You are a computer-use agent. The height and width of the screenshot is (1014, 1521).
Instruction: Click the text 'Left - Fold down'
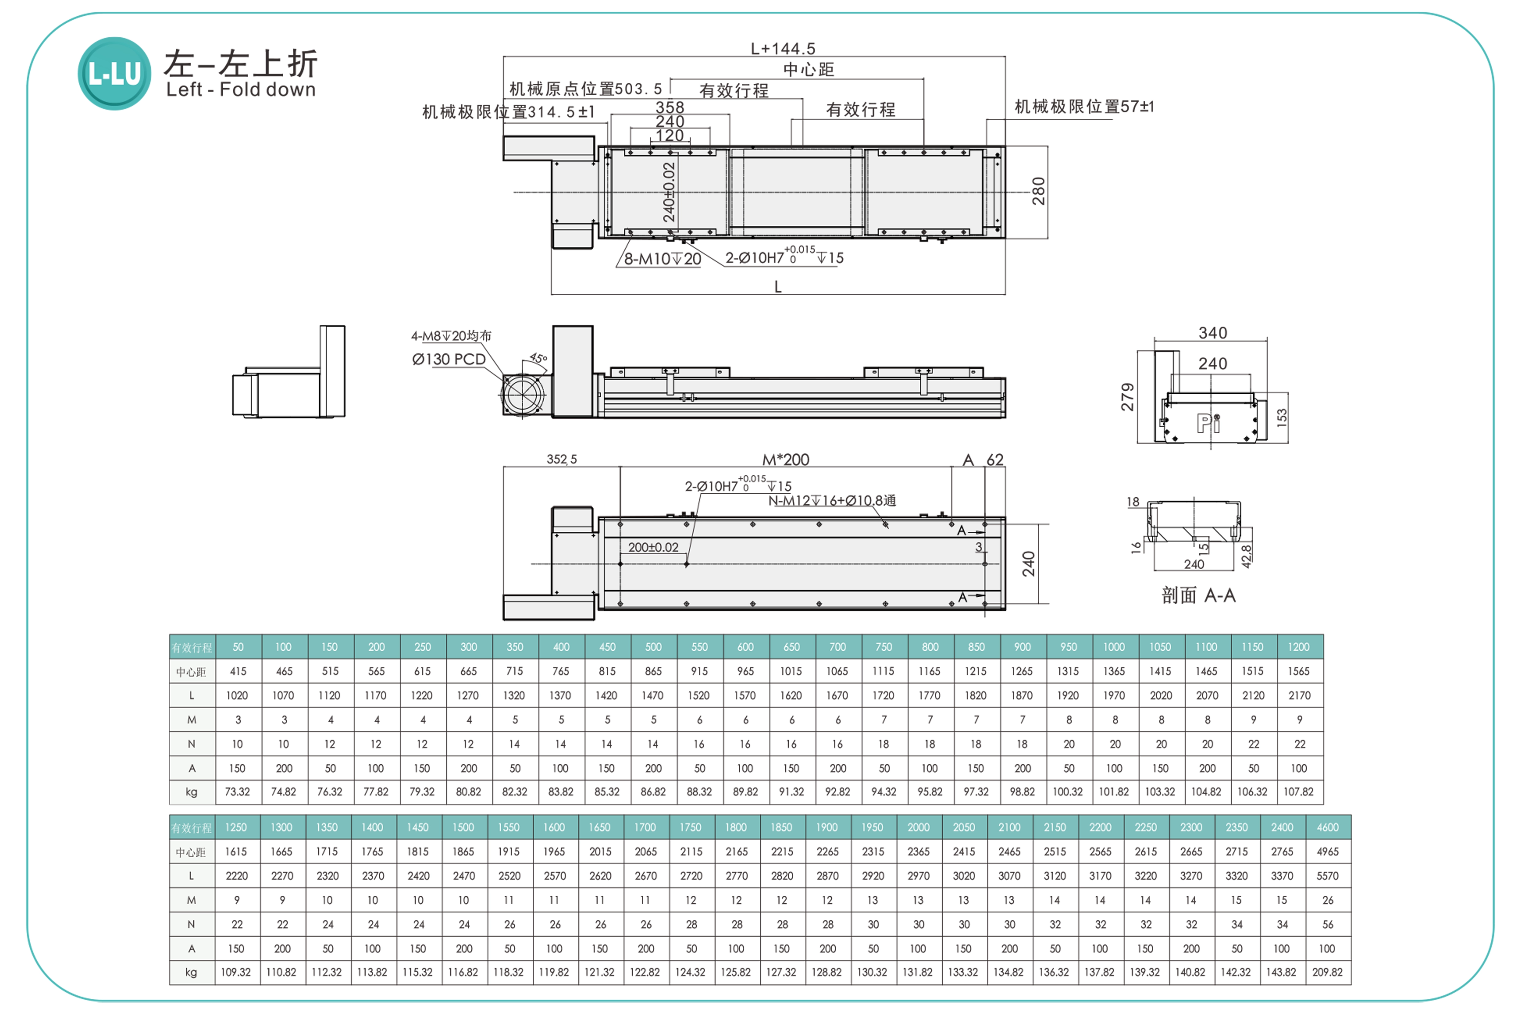point(240,90)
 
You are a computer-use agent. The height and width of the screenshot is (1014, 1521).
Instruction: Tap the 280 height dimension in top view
point(1038,191)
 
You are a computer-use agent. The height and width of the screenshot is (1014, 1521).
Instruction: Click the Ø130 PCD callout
point(449,360)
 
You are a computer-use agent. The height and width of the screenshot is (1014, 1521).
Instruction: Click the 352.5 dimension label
point(561,459)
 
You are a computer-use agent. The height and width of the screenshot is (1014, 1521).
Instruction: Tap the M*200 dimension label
point(786,460)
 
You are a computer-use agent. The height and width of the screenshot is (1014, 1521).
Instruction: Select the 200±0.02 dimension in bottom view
point(653,547)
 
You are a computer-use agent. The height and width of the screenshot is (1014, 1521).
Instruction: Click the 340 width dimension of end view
point(1213,333)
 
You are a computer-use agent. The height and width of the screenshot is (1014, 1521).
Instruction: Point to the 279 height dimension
point(1127,397)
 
